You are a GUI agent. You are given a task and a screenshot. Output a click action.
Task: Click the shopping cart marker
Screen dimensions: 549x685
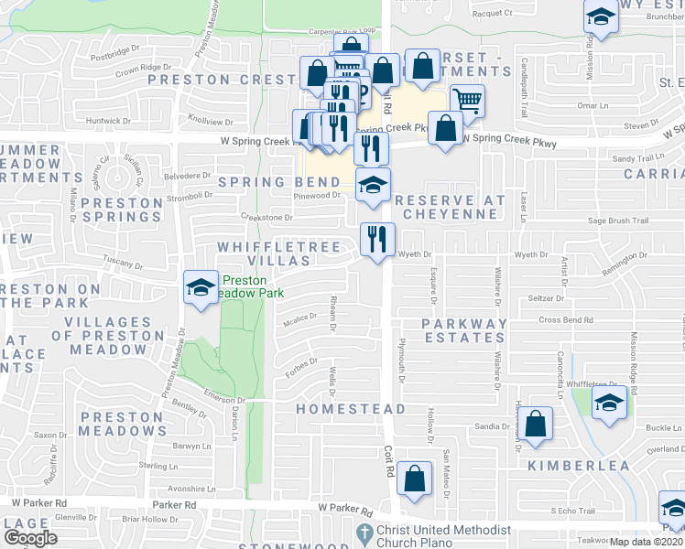[467, 102]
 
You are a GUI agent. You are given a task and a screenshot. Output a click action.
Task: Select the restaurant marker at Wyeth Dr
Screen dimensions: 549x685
[377, 240]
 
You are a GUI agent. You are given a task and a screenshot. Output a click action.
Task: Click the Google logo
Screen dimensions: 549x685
[32, 537]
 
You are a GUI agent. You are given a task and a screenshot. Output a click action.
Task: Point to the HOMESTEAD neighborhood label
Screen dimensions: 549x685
[351, 408]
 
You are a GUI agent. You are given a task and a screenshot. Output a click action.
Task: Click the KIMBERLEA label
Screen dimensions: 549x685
[578, 466]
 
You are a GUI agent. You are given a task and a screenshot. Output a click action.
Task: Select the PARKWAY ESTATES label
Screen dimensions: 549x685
[464, 330]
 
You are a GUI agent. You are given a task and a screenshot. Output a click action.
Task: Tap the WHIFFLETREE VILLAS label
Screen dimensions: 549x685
[279, 253]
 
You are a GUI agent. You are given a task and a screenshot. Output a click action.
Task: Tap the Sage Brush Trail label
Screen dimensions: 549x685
[618, 221]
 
